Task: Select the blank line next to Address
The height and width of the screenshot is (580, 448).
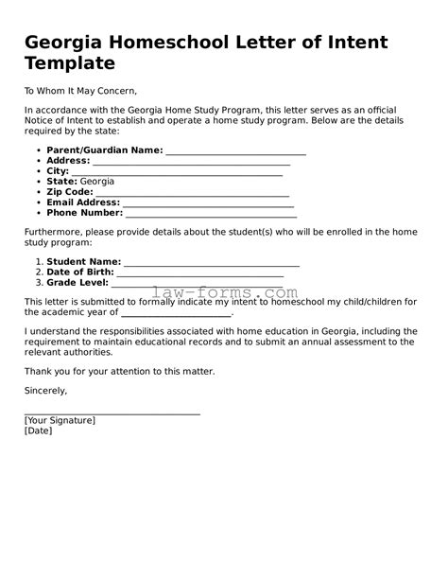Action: [179, 163]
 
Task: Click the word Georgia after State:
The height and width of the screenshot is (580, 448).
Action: [97, 181]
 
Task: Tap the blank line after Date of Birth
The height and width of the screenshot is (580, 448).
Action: [199, 272]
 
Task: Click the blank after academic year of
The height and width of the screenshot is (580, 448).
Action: [176, 313]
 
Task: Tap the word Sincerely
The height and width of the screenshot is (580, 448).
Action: [46, 389]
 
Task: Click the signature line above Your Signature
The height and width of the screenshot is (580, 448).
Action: [112, 413]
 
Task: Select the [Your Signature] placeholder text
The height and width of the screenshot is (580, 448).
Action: [60, 419]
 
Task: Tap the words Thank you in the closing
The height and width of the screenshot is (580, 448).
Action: [45, 371]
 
